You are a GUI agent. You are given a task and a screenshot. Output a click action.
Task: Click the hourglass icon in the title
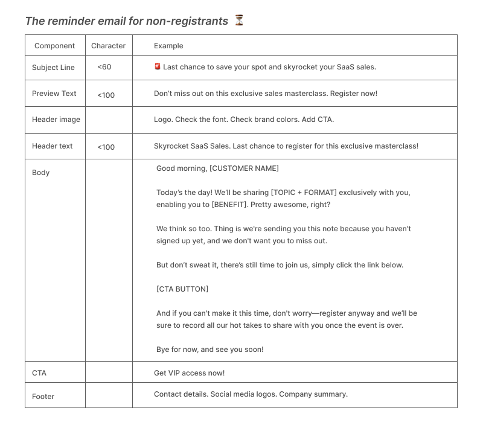pos(239,21)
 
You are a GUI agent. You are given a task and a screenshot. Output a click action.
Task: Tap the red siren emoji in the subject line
pos(158,67)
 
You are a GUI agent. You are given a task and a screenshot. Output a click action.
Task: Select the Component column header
pos(54,46)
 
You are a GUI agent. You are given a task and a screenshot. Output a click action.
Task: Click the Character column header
pos(108,46)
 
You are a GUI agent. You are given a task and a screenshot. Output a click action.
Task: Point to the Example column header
pos(168,46)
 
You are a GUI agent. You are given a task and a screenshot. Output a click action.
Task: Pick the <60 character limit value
pos(104,67)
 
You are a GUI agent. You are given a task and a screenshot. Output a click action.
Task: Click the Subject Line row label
pos(53,68)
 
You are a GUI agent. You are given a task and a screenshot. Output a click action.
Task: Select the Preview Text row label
pos(54,94)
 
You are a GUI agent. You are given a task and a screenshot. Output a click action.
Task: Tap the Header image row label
pos(56,120)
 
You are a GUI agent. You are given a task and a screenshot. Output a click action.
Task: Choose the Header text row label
pos(53,146)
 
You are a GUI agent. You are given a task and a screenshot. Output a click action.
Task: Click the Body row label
pos(41,173)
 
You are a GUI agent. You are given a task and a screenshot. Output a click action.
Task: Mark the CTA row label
pos(39,373)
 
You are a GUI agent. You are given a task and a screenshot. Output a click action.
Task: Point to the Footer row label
pos(43,397)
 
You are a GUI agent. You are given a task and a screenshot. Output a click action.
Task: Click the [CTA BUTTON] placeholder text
pos(182,289)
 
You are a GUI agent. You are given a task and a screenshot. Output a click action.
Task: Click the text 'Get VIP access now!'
pos(189,373)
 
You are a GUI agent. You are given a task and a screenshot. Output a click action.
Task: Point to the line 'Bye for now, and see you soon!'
pos(210,350)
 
